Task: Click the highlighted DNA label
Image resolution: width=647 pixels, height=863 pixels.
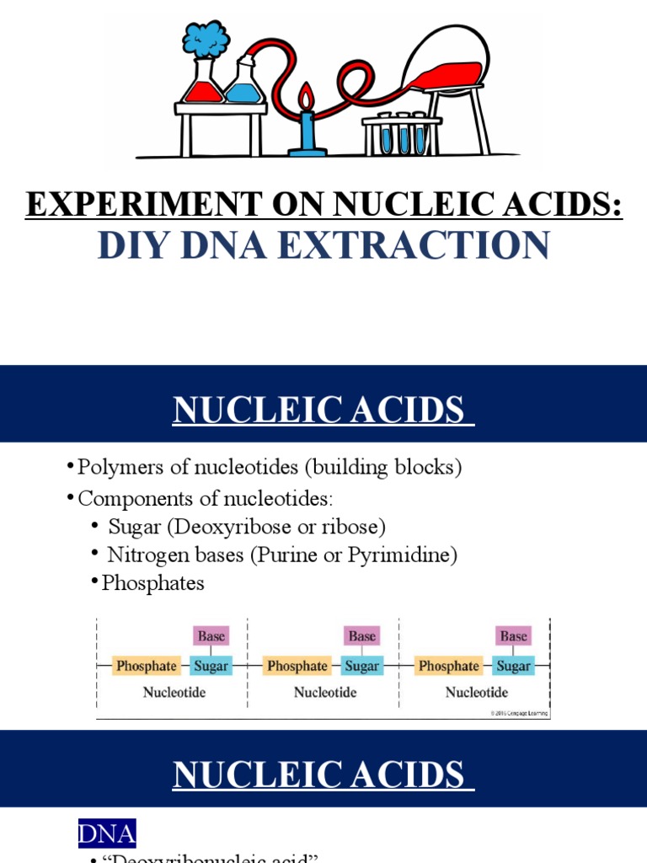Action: (x=106, y=834)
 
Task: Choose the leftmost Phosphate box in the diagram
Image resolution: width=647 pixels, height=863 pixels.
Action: (x=147, y=666)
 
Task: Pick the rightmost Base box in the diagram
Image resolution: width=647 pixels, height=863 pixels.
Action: (x=513, y=636)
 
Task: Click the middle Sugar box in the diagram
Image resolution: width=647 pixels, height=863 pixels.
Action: (x=362, y=666)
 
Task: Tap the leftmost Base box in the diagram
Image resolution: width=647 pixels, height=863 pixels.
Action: (x=211, y=636)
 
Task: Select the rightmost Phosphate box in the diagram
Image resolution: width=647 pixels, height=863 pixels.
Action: (x=449, y=666)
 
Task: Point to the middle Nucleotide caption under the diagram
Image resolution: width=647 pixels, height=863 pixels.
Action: (x=325, y=693)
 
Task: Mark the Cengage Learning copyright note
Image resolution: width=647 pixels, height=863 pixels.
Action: (x=519, y=713)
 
